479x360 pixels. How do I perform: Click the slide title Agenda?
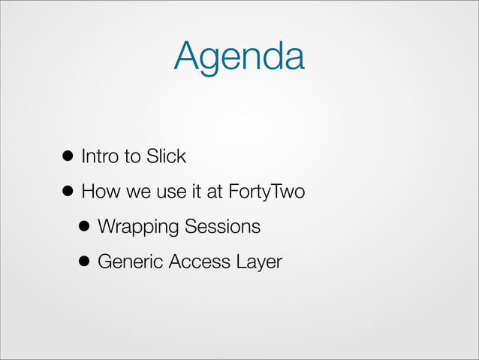(x=239, y=56)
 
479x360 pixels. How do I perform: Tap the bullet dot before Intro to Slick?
(x=67, y=157)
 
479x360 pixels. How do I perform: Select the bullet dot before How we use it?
(x=67, y=192)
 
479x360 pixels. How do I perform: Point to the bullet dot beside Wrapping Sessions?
(x=84, y=227)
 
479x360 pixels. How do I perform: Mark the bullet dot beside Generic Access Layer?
(x=84, y=262)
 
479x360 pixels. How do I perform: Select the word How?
(x=97, y=192)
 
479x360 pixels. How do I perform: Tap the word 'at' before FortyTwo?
(x=213, y=192)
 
